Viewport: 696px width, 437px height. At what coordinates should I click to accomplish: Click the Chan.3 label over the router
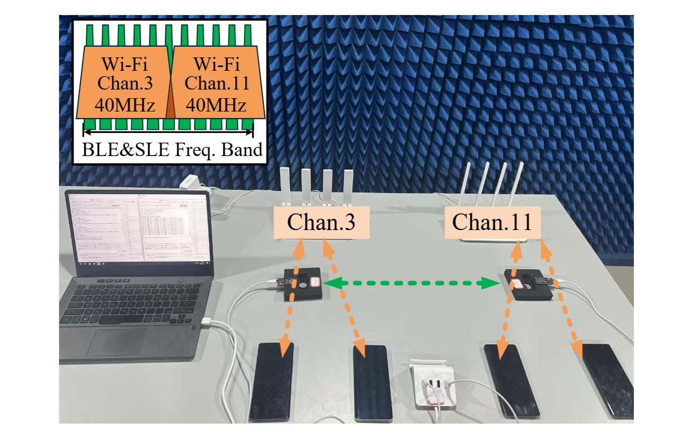(320, 223)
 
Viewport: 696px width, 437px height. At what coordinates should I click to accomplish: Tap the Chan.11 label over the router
(492, 223)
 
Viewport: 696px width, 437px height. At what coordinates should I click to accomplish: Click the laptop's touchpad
(121, 341)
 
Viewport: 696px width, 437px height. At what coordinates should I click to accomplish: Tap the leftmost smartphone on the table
(272, 381)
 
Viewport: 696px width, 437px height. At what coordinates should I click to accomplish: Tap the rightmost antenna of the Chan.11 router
(516, 182)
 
